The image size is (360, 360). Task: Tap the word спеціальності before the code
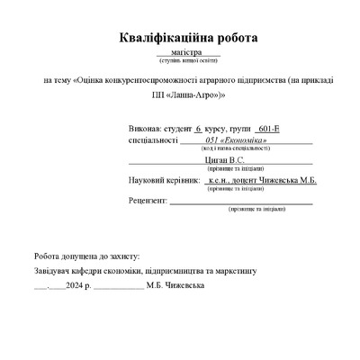[x=154, y=140]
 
